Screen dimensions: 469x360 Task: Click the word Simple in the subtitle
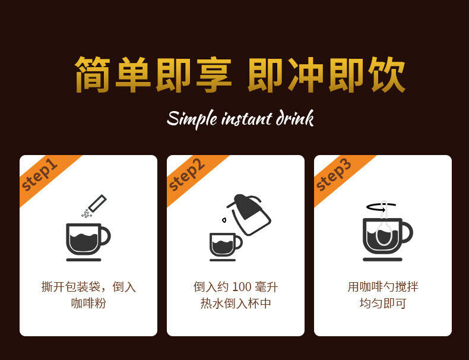pos(192,119)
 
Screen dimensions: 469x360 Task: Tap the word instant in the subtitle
pos(247,119)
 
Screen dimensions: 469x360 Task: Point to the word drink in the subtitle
pos(294,118)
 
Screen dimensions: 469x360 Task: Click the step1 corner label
pos(39,175)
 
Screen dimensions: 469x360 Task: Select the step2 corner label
pos(186,175)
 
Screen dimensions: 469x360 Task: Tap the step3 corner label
pos(334,175)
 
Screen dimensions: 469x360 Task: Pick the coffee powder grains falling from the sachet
pos(87,213)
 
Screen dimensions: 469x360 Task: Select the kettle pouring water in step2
pos(249,214)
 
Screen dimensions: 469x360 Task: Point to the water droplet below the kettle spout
pos(224,220)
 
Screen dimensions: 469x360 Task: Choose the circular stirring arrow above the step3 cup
pos(381,207)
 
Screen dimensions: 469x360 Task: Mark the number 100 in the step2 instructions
pos(242,287)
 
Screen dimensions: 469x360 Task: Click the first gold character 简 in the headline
pos(93,74)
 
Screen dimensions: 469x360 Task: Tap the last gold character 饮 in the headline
pos(386,74)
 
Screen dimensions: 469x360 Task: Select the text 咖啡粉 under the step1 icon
pos(88,303)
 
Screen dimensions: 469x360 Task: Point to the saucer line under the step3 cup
pos(382,260)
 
